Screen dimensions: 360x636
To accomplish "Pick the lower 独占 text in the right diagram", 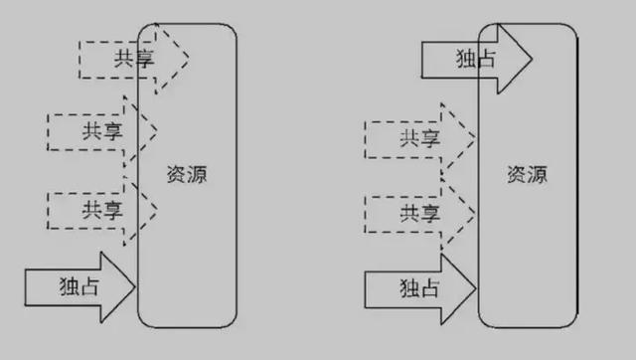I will click(x=418, y=288).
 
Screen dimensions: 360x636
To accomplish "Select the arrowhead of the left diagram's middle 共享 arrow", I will click(x=145, y=129).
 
